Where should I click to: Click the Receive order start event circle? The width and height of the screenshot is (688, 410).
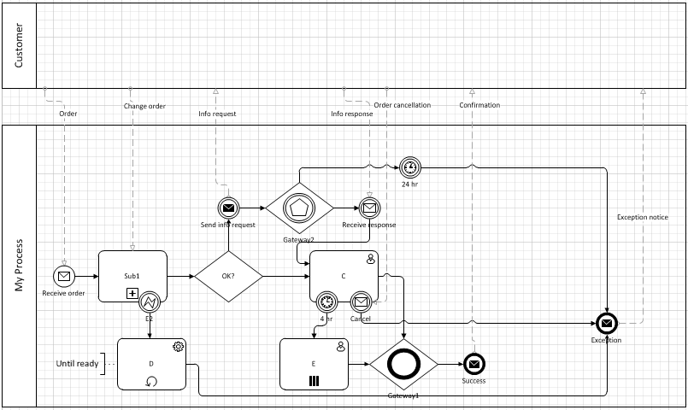[x=64, y=276]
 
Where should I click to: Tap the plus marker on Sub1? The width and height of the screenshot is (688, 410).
[x=132, y=294]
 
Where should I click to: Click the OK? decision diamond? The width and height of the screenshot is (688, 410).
[x=228, y=276]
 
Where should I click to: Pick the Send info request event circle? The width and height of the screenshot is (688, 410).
[x=228, y=208]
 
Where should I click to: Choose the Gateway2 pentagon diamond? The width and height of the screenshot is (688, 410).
[x=299, y=208]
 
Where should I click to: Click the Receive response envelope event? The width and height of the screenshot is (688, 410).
[x=369, y=208]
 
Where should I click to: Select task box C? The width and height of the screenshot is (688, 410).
[x=342, y=272]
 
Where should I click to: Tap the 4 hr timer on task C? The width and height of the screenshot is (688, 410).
[x=326, y=302]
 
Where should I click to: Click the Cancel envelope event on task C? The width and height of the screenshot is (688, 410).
[x=361, y=302]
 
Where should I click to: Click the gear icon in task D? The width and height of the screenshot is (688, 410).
[x=179, y=346]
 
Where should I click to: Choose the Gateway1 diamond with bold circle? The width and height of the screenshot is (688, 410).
[x=403, y=363]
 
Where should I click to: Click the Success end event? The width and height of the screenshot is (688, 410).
[x=473, y=363]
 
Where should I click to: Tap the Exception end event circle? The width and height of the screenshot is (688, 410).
[x=606, y=323]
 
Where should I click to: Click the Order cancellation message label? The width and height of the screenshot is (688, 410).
[x=403, y=106]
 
